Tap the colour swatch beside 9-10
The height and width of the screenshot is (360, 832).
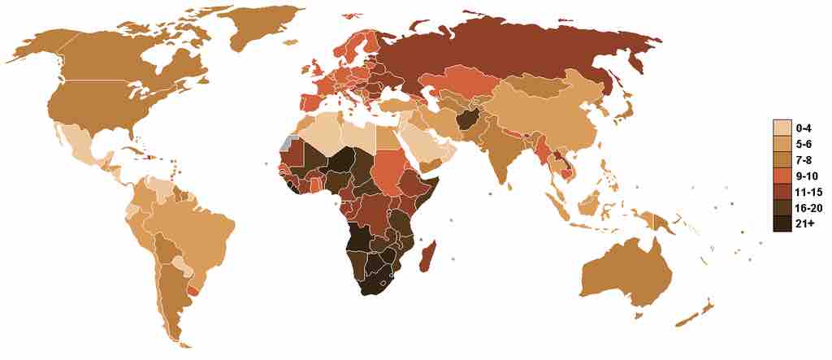click(782, 177)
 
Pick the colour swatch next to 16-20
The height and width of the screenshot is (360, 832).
click(782, 210)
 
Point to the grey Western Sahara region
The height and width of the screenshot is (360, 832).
click(284, 142)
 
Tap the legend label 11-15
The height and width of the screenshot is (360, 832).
click(806, 193)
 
